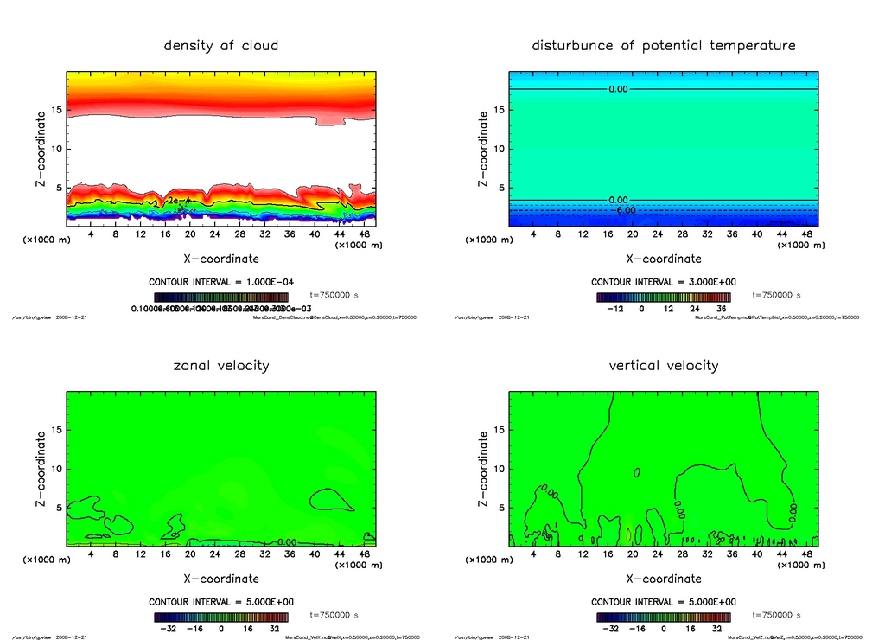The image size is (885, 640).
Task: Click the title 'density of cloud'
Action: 221,45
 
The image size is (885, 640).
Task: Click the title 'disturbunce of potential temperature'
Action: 663,45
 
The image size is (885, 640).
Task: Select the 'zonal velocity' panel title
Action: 221,365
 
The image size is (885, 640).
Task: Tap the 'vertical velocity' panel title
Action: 663,365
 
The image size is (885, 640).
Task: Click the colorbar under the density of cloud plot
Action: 221,297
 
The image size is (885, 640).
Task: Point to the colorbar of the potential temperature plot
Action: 663,297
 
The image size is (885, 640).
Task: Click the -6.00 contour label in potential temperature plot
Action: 624,210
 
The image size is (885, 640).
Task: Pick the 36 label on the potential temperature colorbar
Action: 719,308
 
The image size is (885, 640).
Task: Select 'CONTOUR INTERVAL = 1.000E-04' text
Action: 220,282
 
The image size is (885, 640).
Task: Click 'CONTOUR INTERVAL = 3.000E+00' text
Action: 663,282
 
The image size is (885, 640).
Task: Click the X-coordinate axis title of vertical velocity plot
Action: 663,579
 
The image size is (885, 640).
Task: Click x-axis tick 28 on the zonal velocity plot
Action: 240,554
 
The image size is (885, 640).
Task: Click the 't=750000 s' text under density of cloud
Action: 339,295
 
